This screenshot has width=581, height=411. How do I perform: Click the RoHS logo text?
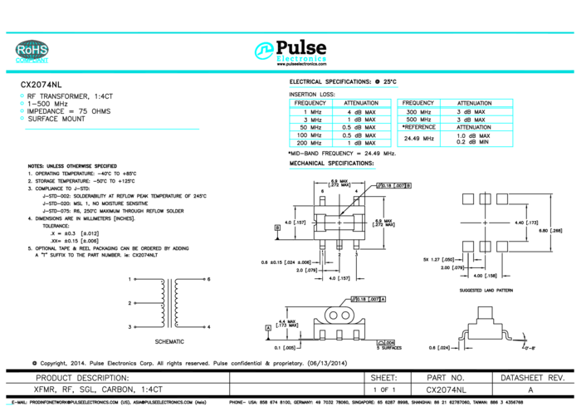point(32,50)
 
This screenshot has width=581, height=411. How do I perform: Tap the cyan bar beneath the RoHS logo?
point(32,61)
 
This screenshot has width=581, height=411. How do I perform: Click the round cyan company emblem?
point(264,51)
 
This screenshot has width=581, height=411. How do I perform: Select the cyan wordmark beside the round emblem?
point(301,58)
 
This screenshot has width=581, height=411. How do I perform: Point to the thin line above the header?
point(290,32)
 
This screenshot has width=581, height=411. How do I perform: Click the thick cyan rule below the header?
point(290,71)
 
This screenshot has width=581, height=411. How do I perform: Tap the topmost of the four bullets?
point(22,95)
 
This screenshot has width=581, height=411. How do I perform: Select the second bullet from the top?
point(22,103)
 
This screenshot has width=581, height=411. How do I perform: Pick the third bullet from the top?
point(22,110)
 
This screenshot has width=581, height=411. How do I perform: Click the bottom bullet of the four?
point(22,118)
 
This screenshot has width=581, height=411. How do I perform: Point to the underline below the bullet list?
point(111,129)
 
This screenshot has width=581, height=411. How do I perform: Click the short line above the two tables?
point(344,86)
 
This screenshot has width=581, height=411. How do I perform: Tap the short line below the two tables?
point(332,168)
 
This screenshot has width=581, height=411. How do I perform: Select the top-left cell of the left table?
point(310,104)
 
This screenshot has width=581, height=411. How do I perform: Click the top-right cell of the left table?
point(362,104)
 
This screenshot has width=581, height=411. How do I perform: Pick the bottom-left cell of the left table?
point(310,143)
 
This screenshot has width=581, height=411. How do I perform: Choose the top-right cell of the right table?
point(476,104)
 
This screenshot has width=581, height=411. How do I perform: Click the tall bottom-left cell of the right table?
point(418,139)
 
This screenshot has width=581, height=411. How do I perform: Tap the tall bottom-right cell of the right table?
point(476,139)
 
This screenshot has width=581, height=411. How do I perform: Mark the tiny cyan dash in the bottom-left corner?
point(8,404)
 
